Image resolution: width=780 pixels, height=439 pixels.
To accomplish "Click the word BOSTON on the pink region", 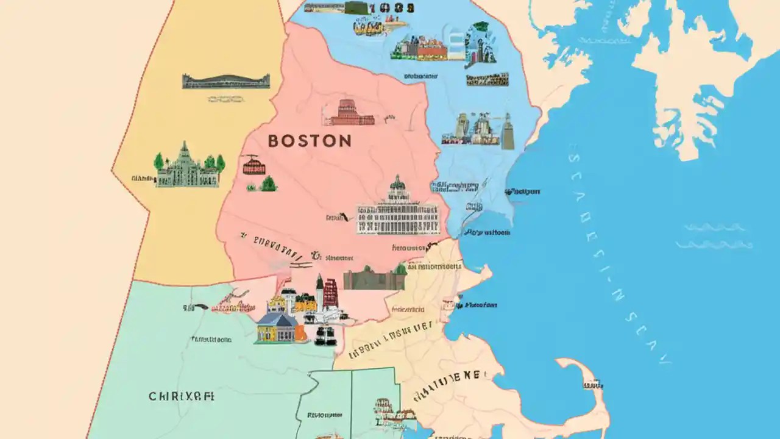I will pos(310,141).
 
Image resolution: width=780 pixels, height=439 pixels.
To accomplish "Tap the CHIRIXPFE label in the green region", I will pos(181,396).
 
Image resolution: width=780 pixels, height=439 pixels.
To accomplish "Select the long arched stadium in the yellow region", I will pos(225,82).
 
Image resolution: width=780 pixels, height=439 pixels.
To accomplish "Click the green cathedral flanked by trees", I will pos(186,166).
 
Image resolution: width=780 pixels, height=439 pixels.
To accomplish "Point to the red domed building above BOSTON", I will pos(349,113).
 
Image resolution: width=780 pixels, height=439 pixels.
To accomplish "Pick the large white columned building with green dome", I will pos(397,211).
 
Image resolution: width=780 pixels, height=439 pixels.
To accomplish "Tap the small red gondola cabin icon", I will pos(250,165).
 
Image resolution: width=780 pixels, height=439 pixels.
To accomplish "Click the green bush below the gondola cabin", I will pos(268,184).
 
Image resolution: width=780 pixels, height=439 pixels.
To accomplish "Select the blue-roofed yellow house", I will pos(276,327).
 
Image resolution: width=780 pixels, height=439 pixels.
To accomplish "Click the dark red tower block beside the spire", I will pos(330,293).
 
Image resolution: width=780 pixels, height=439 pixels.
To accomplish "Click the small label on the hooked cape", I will pos(592,385).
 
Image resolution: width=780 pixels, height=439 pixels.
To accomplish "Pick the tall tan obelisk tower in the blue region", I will pos(508,132).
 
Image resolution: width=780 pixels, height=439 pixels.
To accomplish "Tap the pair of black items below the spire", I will pos(325,335).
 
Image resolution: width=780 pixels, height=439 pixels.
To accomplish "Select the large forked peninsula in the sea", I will pos(695,73).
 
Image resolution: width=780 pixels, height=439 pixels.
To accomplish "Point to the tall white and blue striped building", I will pos(456,46).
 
